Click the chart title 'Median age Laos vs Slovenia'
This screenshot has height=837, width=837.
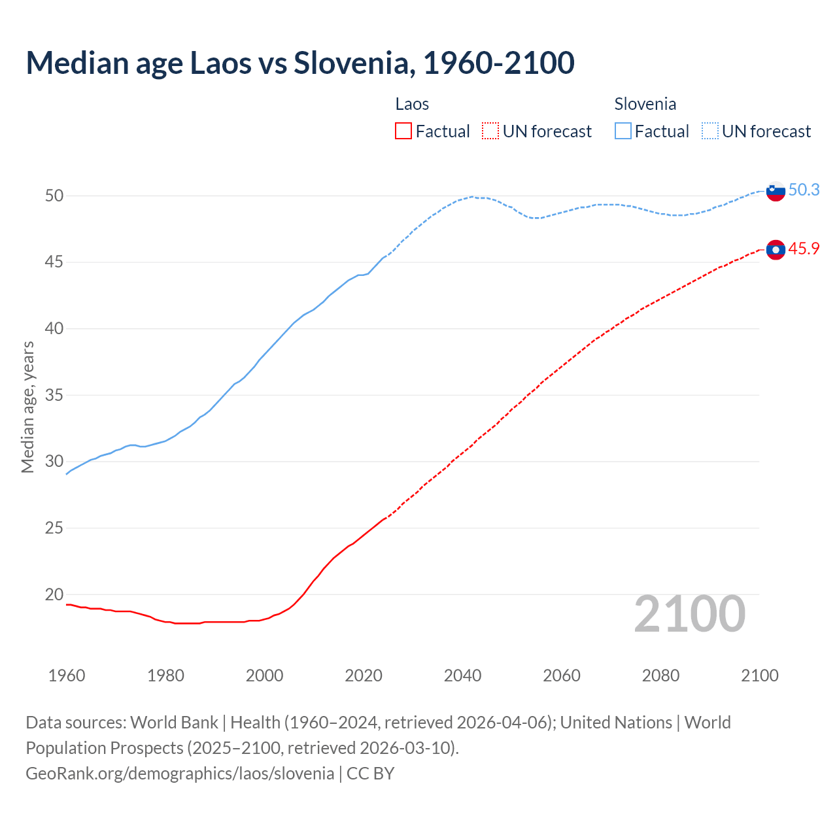(x=299, y=63)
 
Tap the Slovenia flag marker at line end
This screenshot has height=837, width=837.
(x=775, y=191)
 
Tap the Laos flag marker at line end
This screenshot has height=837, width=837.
(x=775, y=250)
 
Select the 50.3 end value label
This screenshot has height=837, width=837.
(x=804, y=190)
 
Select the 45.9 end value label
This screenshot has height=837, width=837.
(x=804, y=248)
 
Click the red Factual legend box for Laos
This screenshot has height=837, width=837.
(x=403, y=131)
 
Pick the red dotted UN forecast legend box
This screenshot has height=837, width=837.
(x=490, y=131)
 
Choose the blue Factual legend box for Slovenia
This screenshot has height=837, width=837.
(x=623, y=131)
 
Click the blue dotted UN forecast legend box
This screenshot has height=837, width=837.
(x=710, y=131)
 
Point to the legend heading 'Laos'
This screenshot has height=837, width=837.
(x=412, y=104)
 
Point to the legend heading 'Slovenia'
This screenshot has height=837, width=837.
(x=645, y=104)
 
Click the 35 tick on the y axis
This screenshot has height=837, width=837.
(x=54, y=395)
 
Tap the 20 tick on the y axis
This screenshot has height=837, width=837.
(x=54, y=594)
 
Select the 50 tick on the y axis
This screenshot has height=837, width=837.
(x=54, y=196)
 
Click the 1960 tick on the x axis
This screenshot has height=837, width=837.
(x=67, y=675)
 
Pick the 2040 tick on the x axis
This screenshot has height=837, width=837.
(x=462, y=675)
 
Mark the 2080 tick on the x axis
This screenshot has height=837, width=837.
(x=660, y=675)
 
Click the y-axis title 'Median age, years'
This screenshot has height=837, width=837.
(x=27, y=407)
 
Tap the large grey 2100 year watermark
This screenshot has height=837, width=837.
(x=690, y=613)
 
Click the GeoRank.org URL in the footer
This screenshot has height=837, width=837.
(x=180, y=773)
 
